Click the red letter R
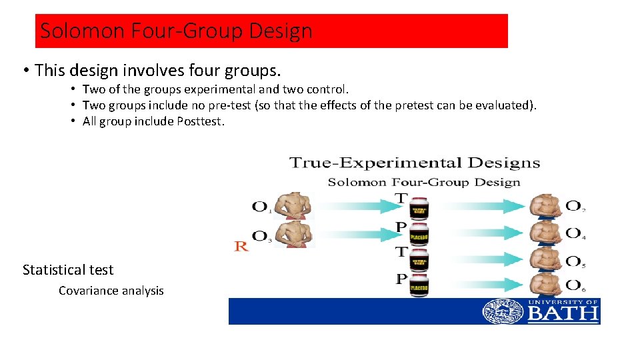tap(241, 246)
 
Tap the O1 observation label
tap(261, 207)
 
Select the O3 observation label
tap(261, 236)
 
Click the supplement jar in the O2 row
tap(418, 211)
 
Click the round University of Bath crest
tap(503, 311)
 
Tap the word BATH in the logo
tap(563, 313)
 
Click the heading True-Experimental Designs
tap(414, 163)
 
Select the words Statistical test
tap(68, 270)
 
